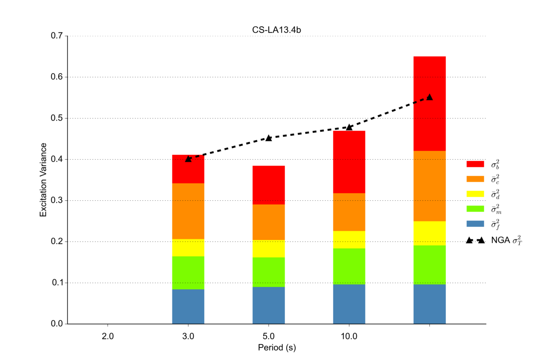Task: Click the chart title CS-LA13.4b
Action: (276, 30)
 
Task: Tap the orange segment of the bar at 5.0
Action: (269, 222)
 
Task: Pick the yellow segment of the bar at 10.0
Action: (349, 239)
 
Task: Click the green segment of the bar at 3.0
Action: (188, 273)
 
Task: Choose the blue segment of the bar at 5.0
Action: (269, 305)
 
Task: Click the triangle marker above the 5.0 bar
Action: (269, 138)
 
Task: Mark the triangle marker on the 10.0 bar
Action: (349, 127)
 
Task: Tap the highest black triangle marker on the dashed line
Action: (429, 97)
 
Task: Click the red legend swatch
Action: (475, 164)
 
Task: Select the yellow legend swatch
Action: (475, 194)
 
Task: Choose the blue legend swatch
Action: (475, 224)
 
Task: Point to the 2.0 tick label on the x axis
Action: (108, 336)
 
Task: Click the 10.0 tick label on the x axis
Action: (349, 336)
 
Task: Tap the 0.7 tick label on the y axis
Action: (57, 36)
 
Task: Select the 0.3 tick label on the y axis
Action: (57, 201)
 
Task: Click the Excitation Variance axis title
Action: (43, 180)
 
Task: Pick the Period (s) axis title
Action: (276, 348)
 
